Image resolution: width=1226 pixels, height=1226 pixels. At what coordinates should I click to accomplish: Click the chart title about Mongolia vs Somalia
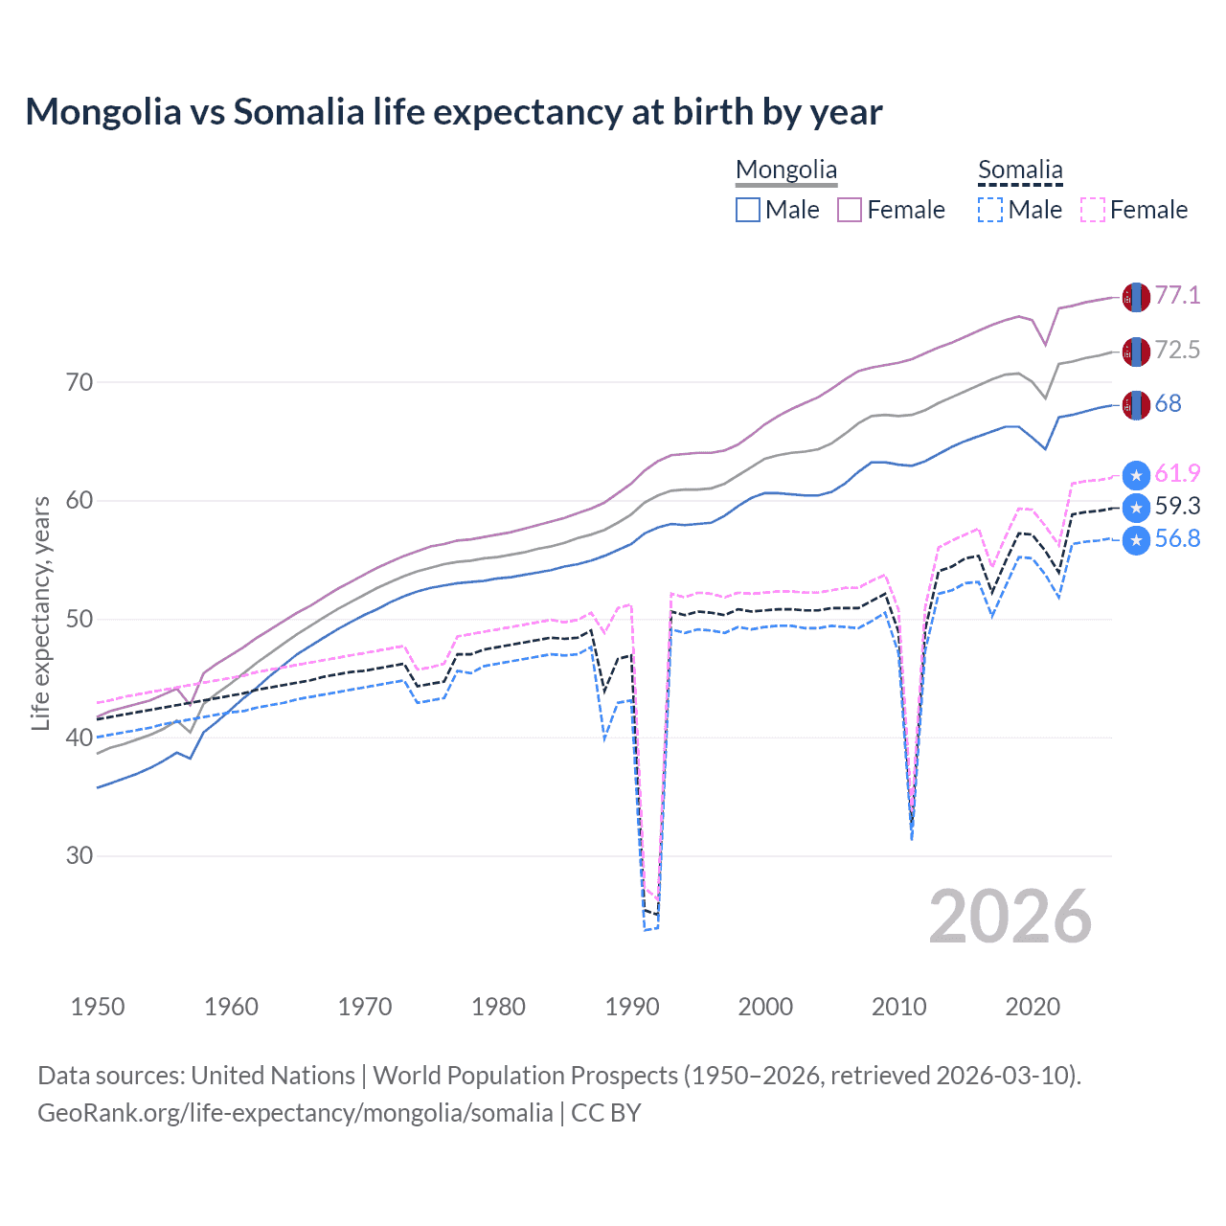click(x=453, y=112)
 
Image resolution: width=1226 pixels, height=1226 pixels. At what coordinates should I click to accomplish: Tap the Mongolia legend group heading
click(x=786, y=170)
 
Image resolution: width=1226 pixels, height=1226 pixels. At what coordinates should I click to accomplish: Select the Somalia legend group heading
click(x=1020, y=170)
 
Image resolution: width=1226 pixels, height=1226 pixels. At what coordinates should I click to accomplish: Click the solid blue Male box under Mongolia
click(x=748, y=210)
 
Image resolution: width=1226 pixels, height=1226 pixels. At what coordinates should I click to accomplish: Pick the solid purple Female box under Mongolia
click(x=850, y=210)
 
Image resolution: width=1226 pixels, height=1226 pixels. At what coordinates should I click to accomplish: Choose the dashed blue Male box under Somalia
click(x=990, y=210)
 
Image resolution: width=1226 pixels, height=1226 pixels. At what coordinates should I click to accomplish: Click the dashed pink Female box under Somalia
click(x=1093, y=210)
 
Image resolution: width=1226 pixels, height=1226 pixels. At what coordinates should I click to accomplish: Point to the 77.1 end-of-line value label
click(x=1177, y=295)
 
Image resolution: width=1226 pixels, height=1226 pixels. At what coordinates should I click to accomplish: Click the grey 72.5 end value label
click(x=1177, y=350)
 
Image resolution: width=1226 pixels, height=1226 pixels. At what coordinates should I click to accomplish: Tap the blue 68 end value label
click(x=1168, y=403)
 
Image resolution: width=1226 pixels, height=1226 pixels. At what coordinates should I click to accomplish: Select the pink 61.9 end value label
click(x=1177, y=473)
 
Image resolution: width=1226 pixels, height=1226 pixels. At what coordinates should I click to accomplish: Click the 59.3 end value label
click(x=1177, y=506)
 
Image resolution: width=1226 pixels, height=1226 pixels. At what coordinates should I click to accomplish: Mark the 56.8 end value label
click(x=1177, y=538)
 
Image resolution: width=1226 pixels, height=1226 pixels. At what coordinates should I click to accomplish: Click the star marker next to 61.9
click(x=1136, y=475)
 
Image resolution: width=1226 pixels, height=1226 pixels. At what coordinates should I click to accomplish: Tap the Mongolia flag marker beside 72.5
click(x=1136, y=352)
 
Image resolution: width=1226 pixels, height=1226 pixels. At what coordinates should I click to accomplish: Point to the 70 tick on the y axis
click(x=79, y=382)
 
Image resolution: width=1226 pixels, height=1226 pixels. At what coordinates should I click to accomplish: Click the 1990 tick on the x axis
click(x=632, y=1007)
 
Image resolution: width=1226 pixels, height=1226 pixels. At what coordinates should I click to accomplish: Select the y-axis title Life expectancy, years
click(x=40, y=613)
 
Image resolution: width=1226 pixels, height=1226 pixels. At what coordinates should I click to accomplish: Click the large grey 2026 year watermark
click(x=1010, y=917)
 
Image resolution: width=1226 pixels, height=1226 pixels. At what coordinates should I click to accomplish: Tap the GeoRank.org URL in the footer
click(x=295, y=1113)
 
